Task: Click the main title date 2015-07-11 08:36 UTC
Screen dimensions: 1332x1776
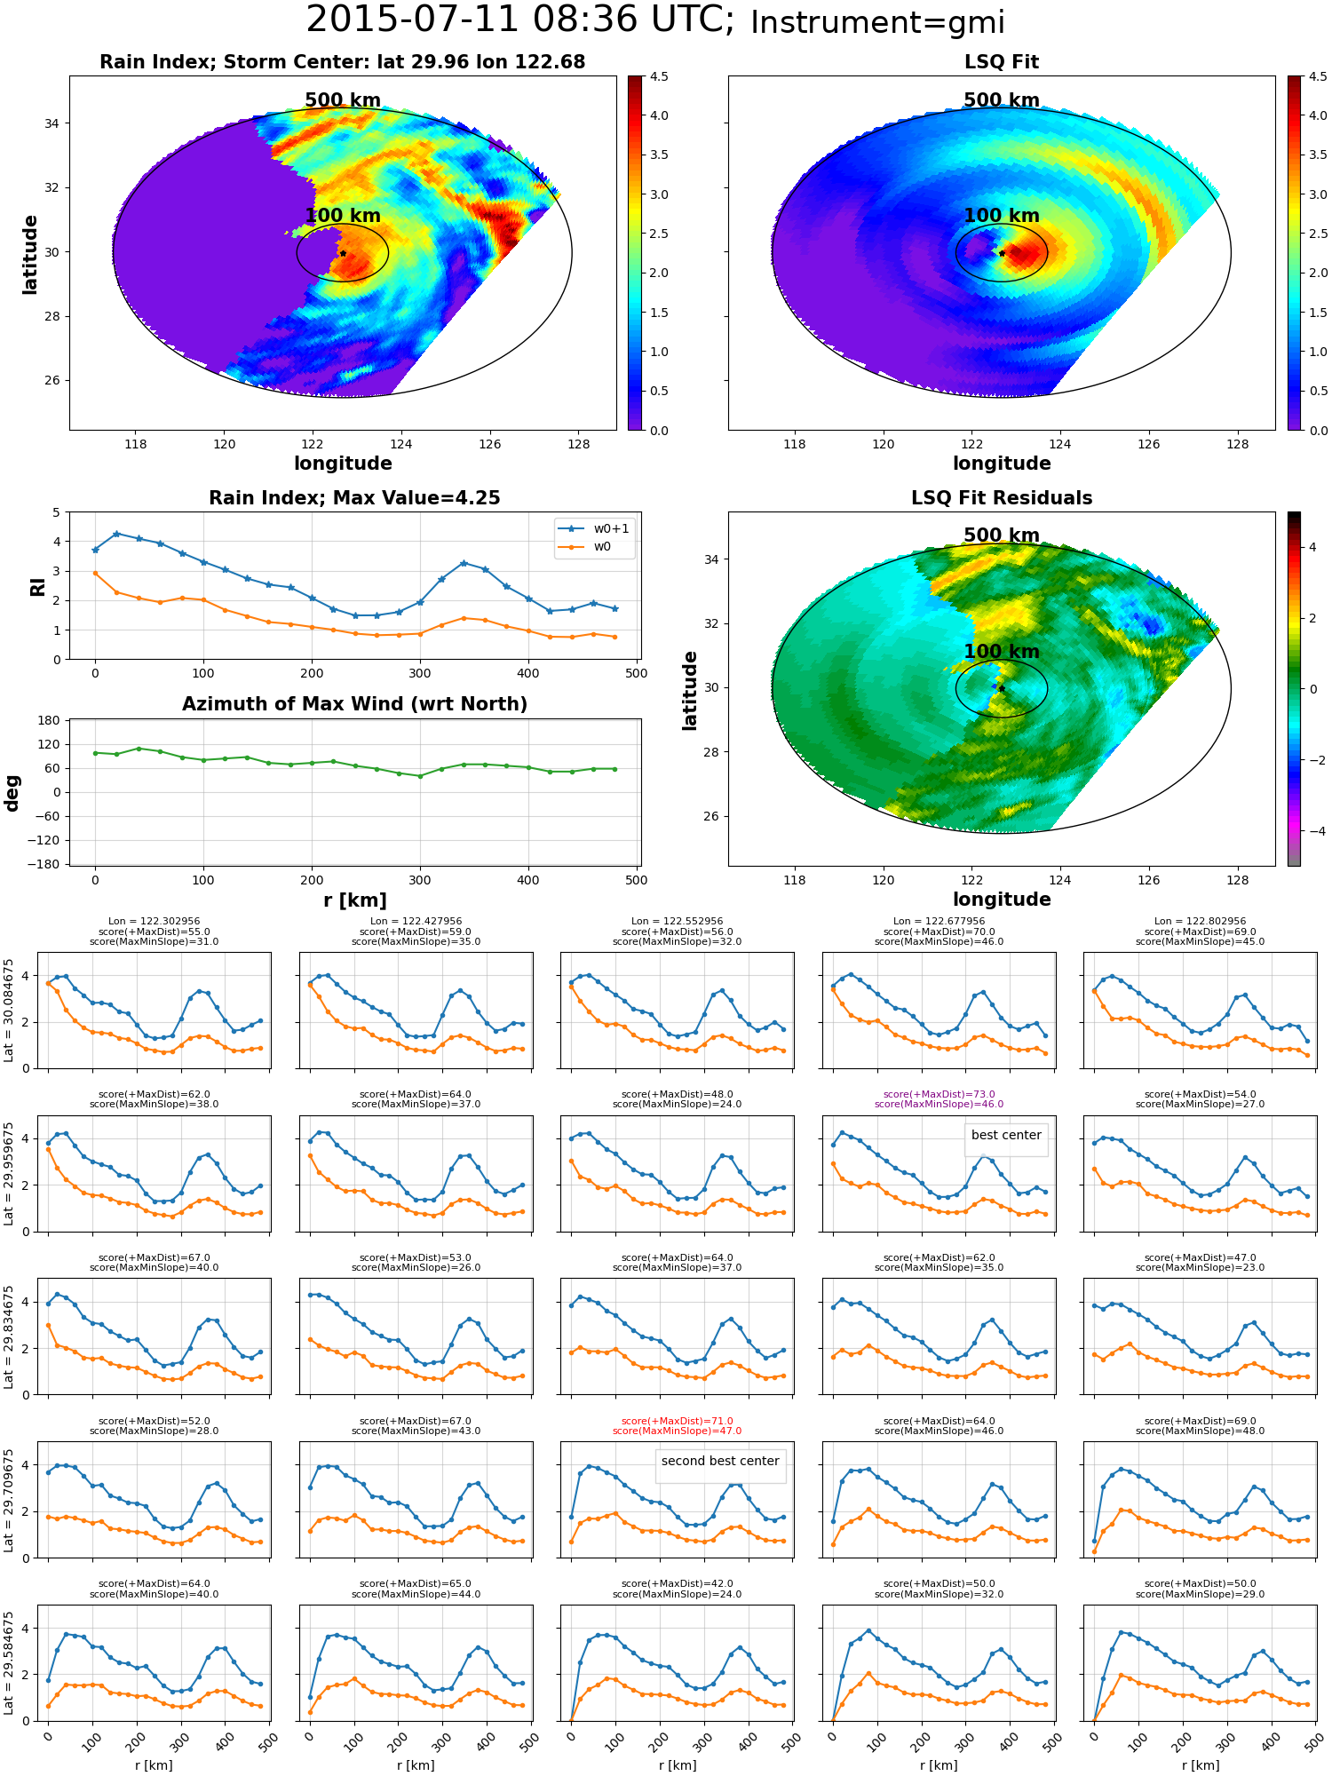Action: tap(520, 20)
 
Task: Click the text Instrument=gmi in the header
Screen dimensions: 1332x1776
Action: tap(877, 23)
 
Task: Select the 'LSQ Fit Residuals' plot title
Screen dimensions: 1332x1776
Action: tap(1002, 498)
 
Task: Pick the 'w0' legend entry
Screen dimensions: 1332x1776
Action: tap(595, 546)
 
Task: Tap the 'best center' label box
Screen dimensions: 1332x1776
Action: tap(1006, 1135)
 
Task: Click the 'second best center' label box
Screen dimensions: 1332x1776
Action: tap(720, 1461)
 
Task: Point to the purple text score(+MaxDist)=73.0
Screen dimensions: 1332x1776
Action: tap(939, 1094)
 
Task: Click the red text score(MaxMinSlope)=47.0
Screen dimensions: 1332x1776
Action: tap(677, 1431)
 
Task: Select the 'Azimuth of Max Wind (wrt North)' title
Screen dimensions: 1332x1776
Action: tap(354, 704)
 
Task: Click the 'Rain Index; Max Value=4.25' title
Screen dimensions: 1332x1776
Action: tap(354, 498)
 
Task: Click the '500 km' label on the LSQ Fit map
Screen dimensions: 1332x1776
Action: tap(1002, 100)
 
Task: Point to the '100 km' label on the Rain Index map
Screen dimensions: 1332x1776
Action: tap(343, 216)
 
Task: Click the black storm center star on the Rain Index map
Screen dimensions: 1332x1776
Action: tap(343, 253)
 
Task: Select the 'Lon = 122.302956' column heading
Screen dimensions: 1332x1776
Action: tap(154, 921)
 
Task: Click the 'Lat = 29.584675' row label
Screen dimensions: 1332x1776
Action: tap(9, 1663)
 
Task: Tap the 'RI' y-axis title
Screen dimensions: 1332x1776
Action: tap(37, 586)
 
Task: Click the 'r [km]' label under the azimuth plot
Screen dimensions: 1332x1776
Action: tap(354, 900)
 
